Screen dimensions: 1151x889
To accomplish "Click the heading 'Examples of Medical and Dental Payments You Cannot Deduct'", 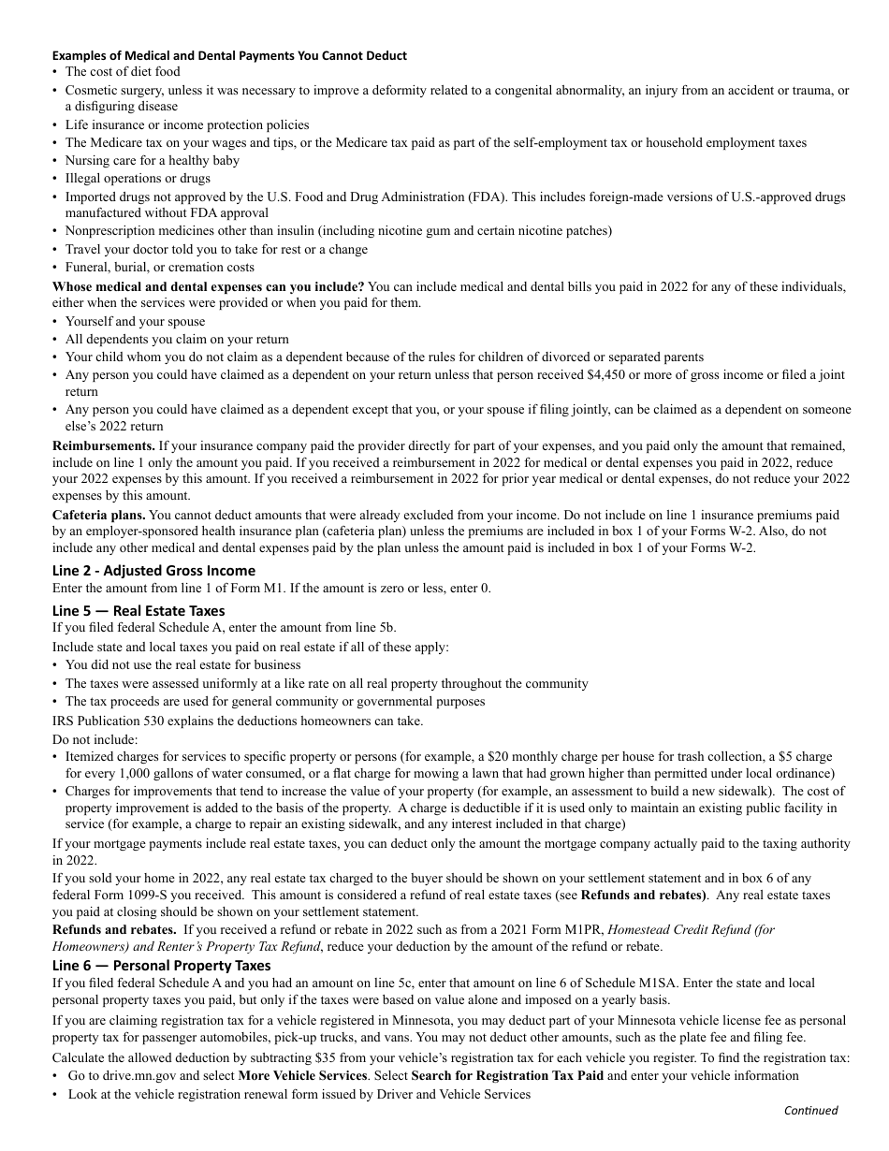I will pyautogui.click(x=229, y=55).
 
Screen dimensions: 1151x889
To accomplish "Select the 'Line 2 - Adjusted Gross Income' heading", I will pyautogui.click(x=153, y=570).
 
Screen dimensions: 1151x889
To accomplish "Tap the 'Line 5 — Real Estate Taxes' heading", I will pyautogui.click(x=138, y=611).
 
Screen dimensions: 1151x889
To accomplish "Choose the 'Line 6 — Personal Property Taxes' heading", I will pyautogui.click(x=161, y=965).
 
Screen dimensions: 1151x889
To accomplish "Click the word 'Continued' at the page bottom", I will pyautogui.click(x=810, y=1111).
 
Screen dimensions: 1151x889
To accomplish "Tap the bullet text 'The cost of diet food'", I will pyautogui.click(x=123, y=72).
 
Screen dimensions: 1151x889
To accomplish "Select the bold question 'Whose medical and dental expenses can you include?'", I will pyautogui.click(x=208, y=285).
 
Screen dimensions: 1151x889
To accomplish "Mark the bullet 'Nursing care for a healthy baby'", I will pyautogui.click(x=152, y=160).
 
